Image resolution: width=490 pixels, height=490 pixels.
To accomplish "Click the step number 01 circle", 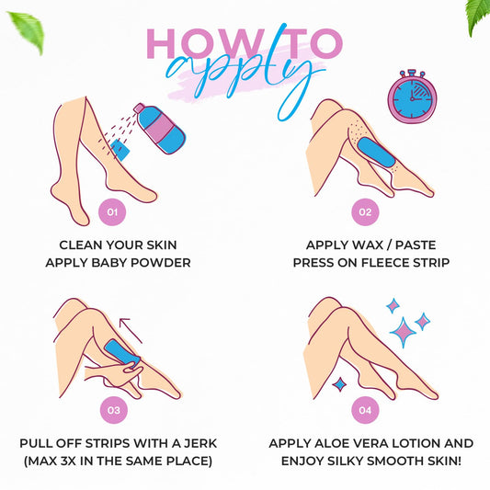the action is coord(112,212).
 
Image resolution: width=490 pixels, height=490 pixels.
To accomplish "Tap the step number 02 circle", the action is coord(365,212).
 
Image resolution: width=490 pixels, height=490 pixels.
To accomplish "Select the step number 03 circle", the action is coord(114,410).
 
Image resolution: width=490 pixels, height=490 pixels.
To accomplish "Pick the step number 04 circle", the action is coord(365,410).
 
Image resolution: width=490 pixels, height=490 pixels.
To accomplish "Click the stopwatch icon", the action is coord(412,97).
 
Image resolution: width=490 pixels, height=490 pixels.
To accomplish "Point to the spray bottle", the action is coord(160,129).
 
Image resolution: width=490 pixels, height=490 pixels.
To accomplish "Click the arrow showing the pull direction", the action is coord(131,330).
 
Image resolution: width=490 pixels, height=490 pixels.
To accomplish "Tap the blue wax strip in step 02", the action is coord(376,153).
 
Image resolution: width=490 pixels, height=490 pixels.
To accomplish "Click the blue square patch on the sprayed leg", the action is coord(120,150).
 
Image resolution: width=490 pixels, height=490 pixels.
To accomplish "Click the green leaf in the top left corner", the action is coord(28,31).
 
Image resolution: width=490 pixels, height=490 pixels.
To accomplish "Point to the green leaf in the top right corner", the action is coord(478,17).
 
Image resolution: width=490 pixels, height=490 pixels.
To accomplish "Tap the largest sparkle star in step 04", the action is coord(403,332).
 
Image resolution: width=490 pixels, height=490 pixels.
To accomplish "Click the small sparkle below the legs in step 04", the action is coord(339,384).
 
